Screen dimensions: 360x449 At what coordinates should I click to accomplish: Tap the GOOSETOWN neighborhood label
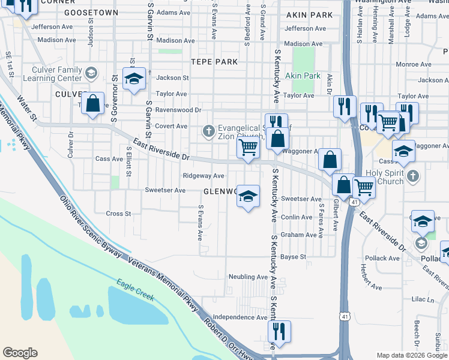coord(91,12)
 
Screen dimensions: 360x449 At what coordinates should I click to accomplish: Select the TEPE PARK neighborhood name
coord(214,62)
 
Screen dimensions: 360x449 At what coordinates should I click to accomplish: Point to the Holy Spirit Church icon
coord(412,176)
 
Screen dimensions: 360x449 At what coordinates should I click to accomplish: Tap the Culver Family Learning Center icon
coord(91,74)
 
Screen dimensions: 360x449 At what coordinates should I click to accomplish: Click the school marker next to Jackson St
coord(134,79)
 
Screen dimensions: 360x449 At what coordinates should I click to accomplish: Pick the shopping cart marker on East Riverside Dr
coord(248,147)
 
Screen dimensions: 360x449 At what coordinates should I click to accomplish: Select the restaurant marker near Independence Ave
coord(279,331)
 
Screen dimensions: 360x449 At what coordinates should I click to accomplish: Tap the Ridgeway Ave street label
coord(203,176)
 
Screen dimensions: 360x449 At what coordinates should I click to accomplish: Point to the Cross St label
coord(118,214)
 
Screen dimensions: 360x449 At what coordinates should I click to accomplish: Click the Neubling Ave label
coord(247,277)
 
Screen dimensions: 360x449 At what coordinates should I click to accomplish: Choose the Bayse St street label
coord(294,257)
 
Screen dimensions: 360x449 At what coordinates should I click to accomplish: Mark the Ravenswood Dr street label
coord(178,110)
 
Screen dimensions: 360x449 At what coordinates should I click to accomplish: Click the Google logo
coord(20,352)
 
